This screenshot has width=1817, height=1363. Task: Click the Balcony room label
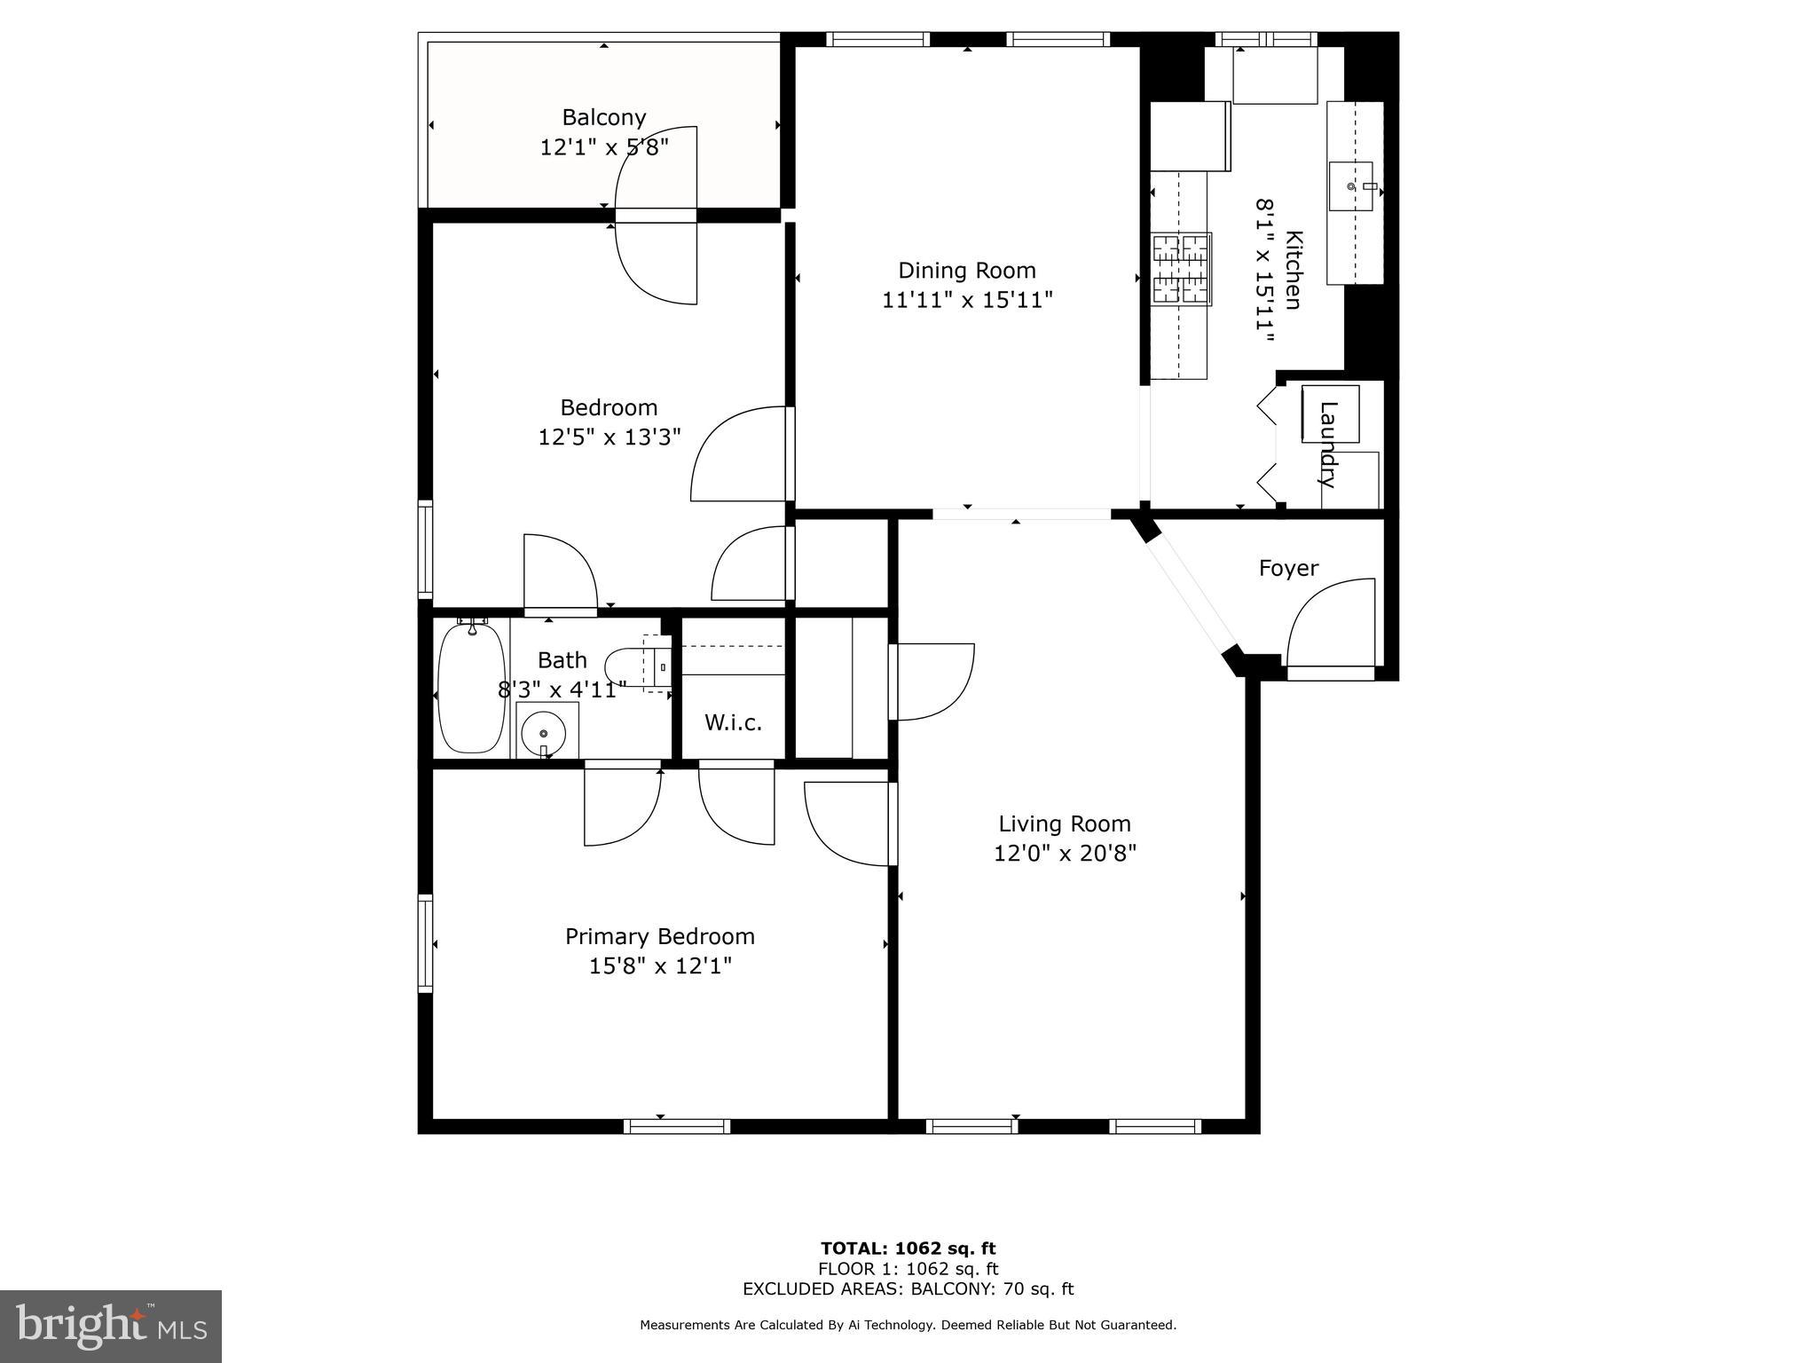click(x=603, y=117)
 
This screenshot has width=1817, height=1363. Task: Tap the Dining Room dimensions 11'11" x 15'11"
click(x=967, y=300)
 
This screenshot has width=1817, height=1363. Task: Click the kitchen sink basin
click(x=1350, y=186)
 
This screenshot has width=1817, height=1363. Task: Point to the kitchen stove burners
click(x=1181, y=270)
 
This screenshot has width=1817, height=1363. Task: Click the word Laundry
click(x=1327, y=445)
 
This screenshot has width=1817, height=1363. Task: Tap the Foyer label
click(x=1288, y=568)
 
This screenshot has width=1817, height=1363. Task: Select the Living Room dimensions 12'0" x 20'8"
click(x=1065, y=854)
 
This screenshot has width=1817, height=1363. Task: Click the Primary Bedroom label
click(x=660, y=936)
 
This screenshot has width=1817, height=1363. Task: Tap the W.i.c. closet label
click(x=733, y=722)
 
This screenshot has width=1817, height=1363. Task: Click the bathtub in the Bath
click(x=472, y=689)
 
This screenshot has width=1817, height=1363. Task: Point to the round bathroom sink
click(x=542, y=733)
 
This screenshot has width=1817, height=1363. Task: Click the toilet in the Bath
click(x=632, y=666)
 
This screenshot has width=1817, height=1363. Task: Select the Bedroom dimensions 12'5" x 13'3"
click(x=609, y=437)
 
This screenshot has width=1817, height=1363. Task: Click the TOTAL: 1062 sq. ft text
click(x=908, y=1249)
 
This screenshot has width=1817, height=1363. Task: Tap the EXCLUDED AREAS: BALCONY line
click(x=908, y=1288)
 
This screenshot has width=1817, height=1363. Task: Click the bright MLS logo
click(x=111, y=1326)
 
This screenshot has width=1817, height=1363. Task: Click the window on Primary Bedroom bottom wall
click(x=677, y=1126)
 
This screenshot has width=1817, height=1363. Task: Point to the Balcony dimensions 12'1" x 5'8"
click(x=603, y=147)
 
